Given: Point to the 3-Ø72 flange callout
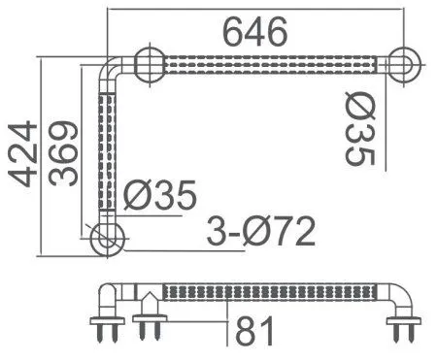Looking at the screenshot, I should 259,233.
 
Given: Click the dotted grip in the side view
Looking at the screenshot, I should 267,290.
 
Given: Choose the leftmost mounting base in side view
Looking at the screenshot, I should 106,320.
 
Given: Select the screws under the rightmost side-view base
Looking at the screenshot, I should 402,334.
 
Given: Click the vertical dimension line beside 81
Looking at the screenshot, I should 227,320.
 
